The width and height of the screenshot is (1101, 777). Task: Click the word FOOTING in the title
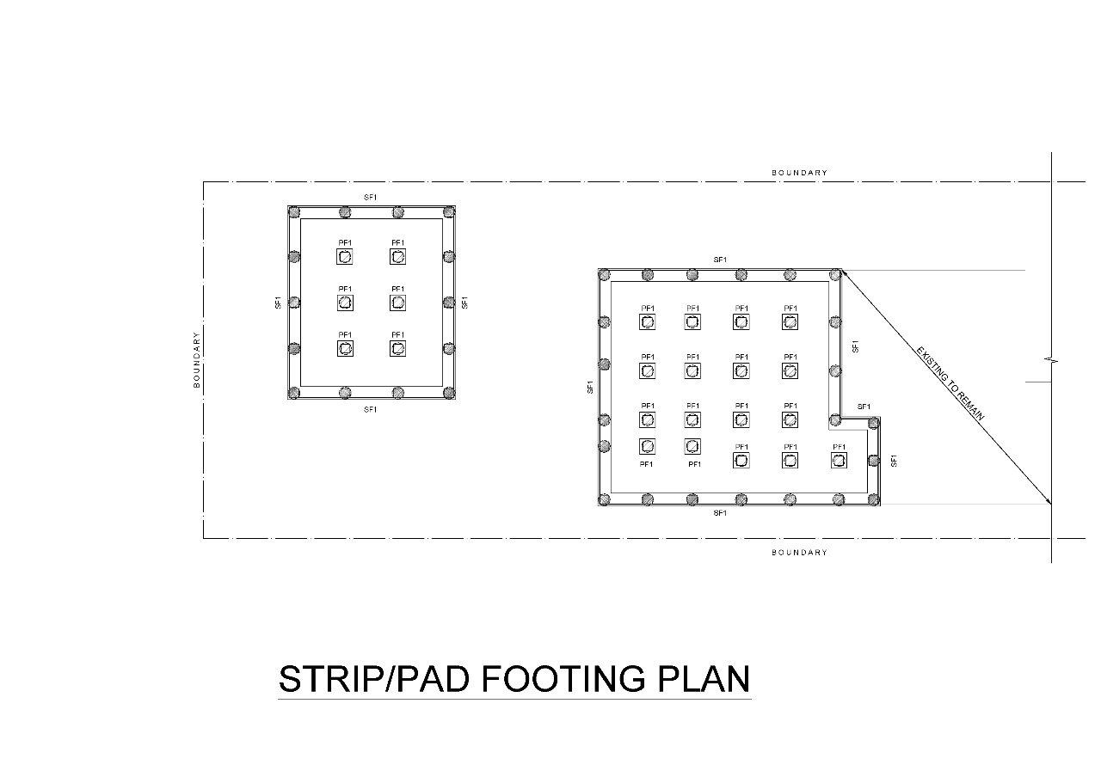click(x=563, y=679)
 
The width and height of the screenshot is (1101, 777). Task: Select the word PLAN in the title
click(x=704, y=679)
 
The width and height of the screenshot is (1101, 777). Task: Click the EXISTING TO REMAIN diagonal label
click(x=950, y=384)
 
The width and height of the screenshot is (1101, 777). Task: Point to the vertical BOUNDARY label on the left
click(x=197, y=360)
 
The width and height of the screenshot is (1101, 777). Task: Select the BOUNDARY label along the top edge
click(x=800, y=173)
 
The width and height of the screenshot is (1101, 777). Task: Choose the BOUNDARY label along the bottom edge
click(x=800, y=553)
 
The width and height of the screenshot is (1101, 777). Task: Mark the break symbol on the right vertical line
click(x=1051, y=362)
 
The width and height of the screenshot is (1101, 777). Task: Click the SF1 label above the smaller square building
click(x=370, y=198)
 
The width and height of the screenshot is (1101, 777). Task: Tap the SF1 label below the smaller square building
click(x=370, y=410)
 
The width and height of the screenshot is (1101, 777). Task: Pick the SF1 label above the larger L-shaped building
click(x=720, y=260)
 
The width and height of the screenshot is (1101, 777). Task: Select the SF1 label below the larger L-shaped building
click(x=720, y=513)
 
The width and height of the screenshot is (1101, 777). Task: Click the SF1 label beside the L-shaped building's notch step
click(x=864, y=407)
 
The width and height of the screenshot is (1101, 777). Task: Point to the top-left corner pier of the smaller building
click(x=294, y=212)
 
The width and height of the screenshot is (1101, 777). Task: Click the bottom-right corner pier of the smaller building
click(x=449, y=393)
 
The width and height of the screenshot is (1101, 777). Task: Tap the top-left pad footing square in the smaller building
click(x=345, y=256)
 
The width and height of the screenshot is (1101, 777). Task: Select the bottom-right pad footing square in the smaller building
click(x=397, y=348)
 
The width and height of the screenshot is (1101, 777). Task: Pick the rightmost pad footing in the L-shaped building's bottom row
click(x=839, y=460)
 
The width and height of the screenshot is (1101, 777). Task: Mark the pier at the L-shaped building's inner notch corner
click(x=835, y=420)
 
